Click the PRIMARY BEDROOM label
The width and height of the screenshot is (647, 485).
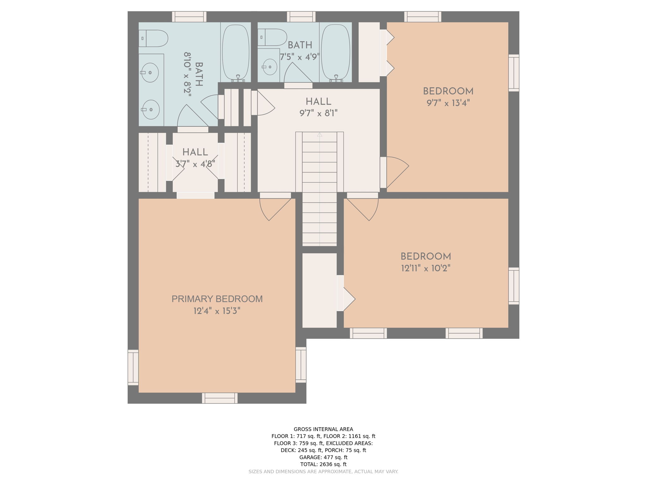[217, 299]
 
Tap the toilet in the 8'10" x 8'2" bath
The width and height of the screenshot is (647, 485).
[153, 39]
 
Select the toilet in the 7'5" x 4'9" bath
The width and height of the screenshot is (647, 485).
[272, 37]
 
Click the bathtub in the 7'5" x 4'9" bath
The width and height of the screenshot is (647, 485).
[336, 52]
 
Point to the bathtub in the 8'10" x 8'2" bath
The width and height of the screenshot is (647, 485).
[236, 52]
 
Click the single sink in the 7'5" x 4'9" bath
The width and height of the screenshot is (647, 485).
[270, 67]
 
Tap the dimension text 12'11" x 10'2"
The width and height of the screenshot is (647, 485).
[426, 269]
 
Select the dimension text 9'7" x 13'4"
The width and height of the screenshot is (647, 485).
[448, 103]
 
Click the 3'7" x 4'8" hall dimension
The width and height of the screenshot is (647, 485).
[195, 164]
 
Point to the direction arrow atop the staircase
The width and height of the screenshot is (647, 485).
[319, 135]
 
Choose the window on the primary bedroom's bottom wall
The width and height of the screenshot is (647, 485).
[220, 398]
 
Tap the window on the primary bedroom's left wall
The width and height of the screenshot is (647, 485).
[133, 368]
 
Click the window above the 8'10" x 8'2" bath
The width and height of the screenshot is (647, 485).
[189, 17]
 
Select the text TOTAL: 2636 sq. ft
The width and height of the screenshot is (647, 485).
[323, 464]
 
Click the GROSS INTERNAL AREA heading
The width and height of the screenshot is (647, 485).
[323, 429]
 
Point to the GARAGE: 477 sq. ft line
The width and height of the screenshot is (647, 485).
[323, 458]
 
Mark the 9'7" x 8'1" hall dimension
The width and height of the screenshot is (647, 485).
[318, 113]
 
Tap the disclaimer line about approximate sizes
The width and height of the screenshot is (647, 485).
[323, 472]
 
